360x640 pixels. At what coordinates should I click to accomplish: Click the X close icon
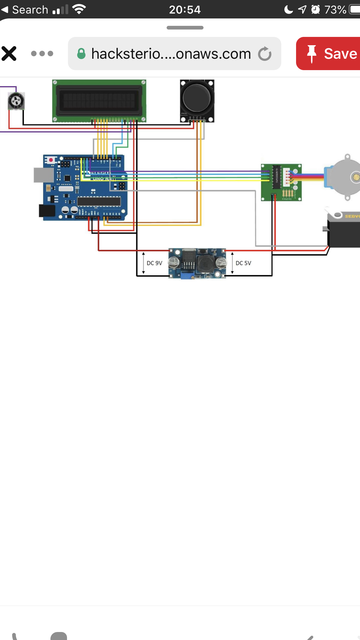pyautogui.click(x=9, y=54)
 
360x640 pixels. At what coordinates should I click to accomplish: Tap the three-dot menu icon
pyautogui.click(x=42, y=54)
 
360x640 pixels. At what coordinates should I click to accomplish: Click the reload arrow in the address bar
pyautogui.click(x=265, y=54)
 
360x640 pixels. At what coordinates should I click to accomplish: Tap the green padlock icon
pyautogui.click(x=81, y=54)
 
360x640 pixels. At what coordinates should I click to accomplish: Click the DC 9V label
pyautogui.click(x=154, y=263)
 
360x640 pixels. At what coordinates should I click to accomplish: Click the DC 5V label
pyautogui.click(x=243, y=263)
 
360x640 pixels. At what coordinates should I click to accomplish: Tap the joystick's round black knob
pyautogui.click(x=196, y=98)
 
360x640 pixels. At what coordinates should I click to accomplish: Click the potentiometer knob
pyautogui.click(x=16, y=101)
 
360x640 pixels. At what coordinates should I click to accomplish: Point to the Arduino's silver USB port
pyautogui.click(x=43, y=175)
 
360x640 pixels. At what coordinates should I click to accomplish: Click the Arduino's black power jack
pyautogui.click(x=47, y=211)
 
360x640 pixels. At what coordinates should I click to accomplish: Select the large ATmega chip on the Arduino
pyautogui.click(x=99, y=201)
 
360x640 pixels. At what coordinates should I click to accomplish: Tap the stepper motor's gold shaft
pyautogui.click(x=356, y=177)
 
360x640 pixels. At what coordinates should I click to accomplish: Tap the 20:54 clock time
pyautogui.click(x=185, y=10)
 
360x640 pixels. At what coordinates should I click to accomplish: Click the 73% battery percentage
pyautogui.click(x=335, y=10)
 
